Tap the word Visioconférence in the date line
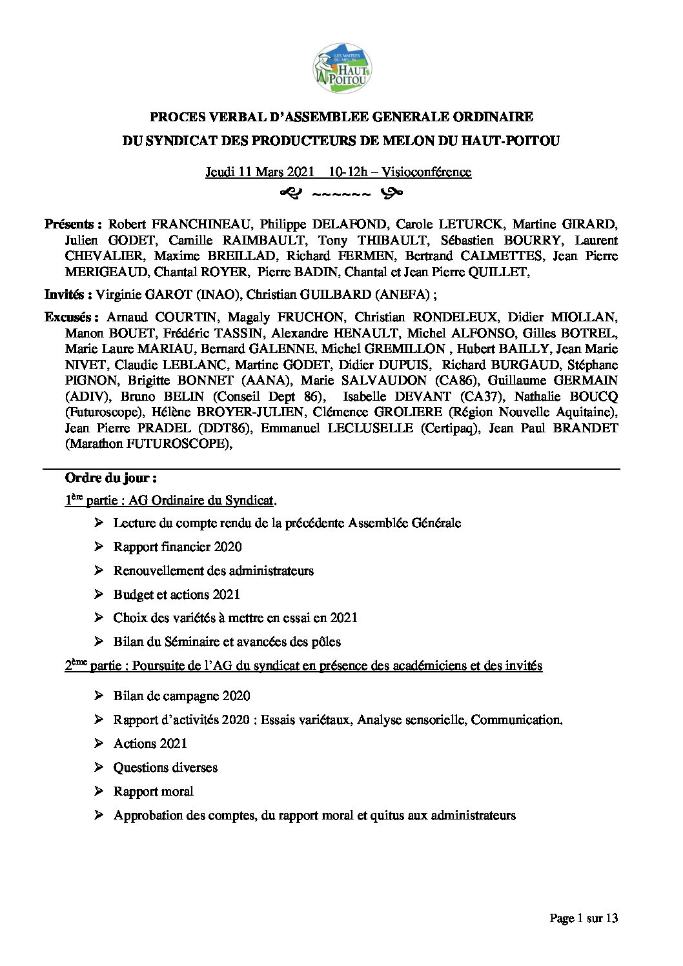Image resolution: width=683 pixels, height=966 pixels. (x=426, y=172)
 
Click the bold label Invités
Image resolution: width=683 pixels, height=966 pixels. (x=67, y=295)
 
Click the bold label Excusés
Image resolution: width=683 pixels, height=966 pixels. (x=71, y=317)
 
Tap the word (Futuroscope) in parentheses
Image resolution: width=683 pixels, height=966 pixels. (x=97, y=412)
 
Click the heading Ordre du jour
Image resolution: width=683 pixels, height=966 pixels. (x=111, y=478)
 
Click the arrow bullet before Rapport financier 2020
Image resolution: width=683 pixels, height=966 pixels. (x=99, y=547)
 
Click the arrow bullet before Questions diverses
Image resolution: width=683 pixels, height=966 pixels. (x=99, y=768)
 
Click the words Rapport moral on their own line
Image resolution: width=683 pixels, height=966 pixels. (x=153, y=792)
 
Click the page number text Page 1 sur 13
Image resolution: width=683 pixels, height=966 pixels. (x=584, y=918)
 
